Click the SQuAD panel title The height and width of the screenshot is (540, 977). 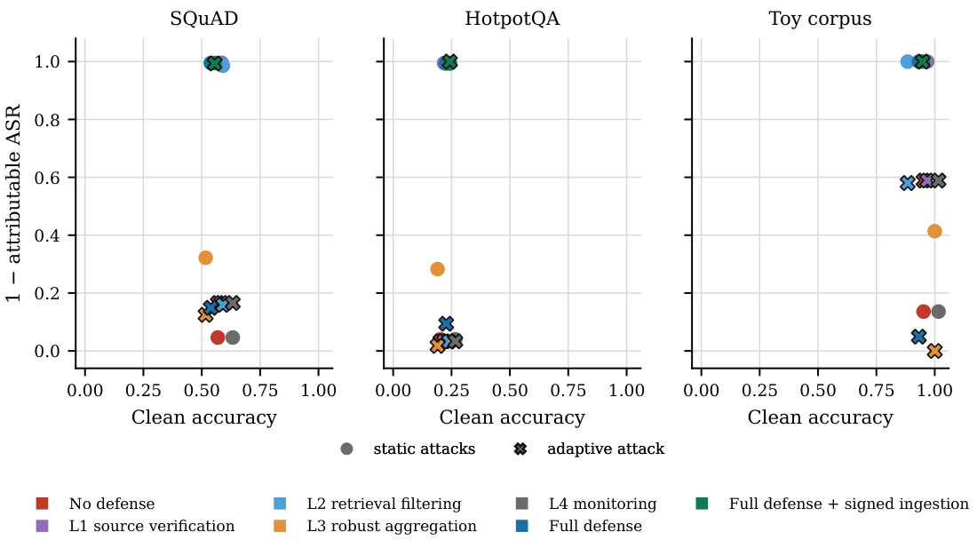tap(203, 19)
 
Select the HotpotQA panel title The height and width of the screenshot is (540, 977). tap(512, 19)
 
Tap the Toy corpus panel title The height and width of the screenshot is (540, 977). tap(820, 19)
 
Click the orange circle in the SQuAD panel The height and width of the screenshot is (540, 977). tap(206, 258)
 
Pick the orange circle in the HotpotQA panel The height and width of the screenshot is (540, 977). tap(437, 269)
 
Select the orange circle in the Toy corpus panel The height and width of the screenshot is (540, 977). tap(934, 231)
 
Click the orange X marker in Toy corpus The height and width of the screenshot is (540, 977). tap(934, 351)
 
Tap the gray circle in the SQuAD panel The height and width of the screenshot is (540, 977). tap(233, 337)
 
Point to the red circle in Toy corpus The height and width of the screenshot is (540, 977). tap(924, 312)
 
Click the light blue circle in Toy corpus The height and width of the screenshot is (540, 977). tap(907, 61)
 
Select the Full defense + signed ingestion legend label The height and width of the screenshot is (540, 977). tap(848, 504)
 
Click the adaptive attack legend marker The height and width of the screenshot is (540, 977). tap(520, 449)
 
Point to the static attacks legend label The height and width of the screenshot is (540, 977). tap(425, 449)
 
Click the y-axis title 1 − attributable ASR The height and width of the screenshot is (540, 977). tap(13, 203)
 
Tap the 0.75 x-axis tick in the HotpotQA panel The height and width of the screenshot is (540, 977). tap(568, 391)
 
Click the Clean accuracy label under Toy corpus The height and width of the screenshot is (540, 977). tap(820, 417)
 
